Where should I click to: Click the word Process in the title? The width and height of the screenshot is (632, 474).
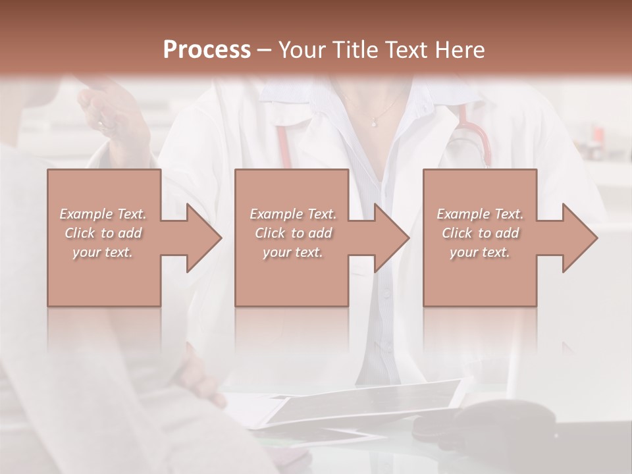tap(207, 50)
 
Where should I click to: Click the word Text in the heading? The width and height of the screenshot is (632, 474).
tap(408, 50)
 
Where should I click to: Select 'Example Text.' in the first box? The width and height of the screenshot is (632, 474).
tap(103, 214)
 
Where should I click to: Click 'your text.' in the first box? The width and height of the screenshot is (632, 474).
tap(103, 252)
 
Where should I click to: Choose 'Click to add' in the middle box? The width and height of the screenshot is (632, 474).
tap(293, 233)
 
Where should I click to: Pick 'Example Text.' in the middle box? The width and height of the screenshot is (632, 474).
tap(293, 214)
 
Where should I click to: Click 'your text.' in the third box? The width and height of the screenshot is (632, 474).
tap(480, 252)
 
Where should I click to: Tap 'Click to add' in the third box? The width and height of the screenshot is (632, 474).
tap(480, 233)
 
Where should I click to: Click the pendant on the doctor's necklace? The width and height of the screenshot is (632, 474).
tap(374, 121)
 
